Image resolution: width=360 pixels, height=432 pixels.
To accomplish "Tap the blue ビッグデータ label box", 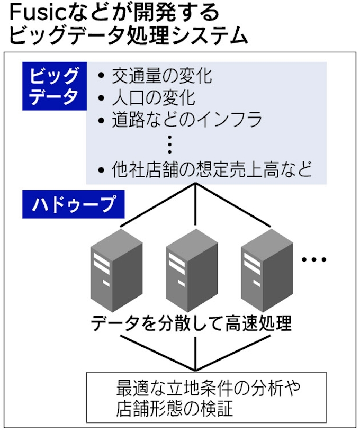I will (x=51, y=87).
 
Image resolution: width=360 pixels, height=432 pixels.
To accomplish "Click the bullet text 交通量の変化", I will (x=161, y=76).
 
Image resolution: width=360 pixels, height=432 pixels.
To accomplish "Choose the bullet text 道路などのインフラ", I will (x=187, y=120).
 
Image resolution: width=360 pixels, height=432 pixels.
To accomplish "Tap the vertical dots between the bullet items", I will (x=170, y=144).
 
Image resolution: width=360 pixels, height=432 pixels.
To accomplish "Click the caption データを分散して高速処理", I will (x=191, y=323).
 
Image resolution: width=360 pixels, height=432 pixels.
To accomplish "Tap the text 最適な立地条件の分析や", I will (x=208, y=389).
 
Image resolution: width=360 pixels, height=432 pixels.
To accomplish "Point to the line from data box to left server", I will (x=159, y=206).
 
